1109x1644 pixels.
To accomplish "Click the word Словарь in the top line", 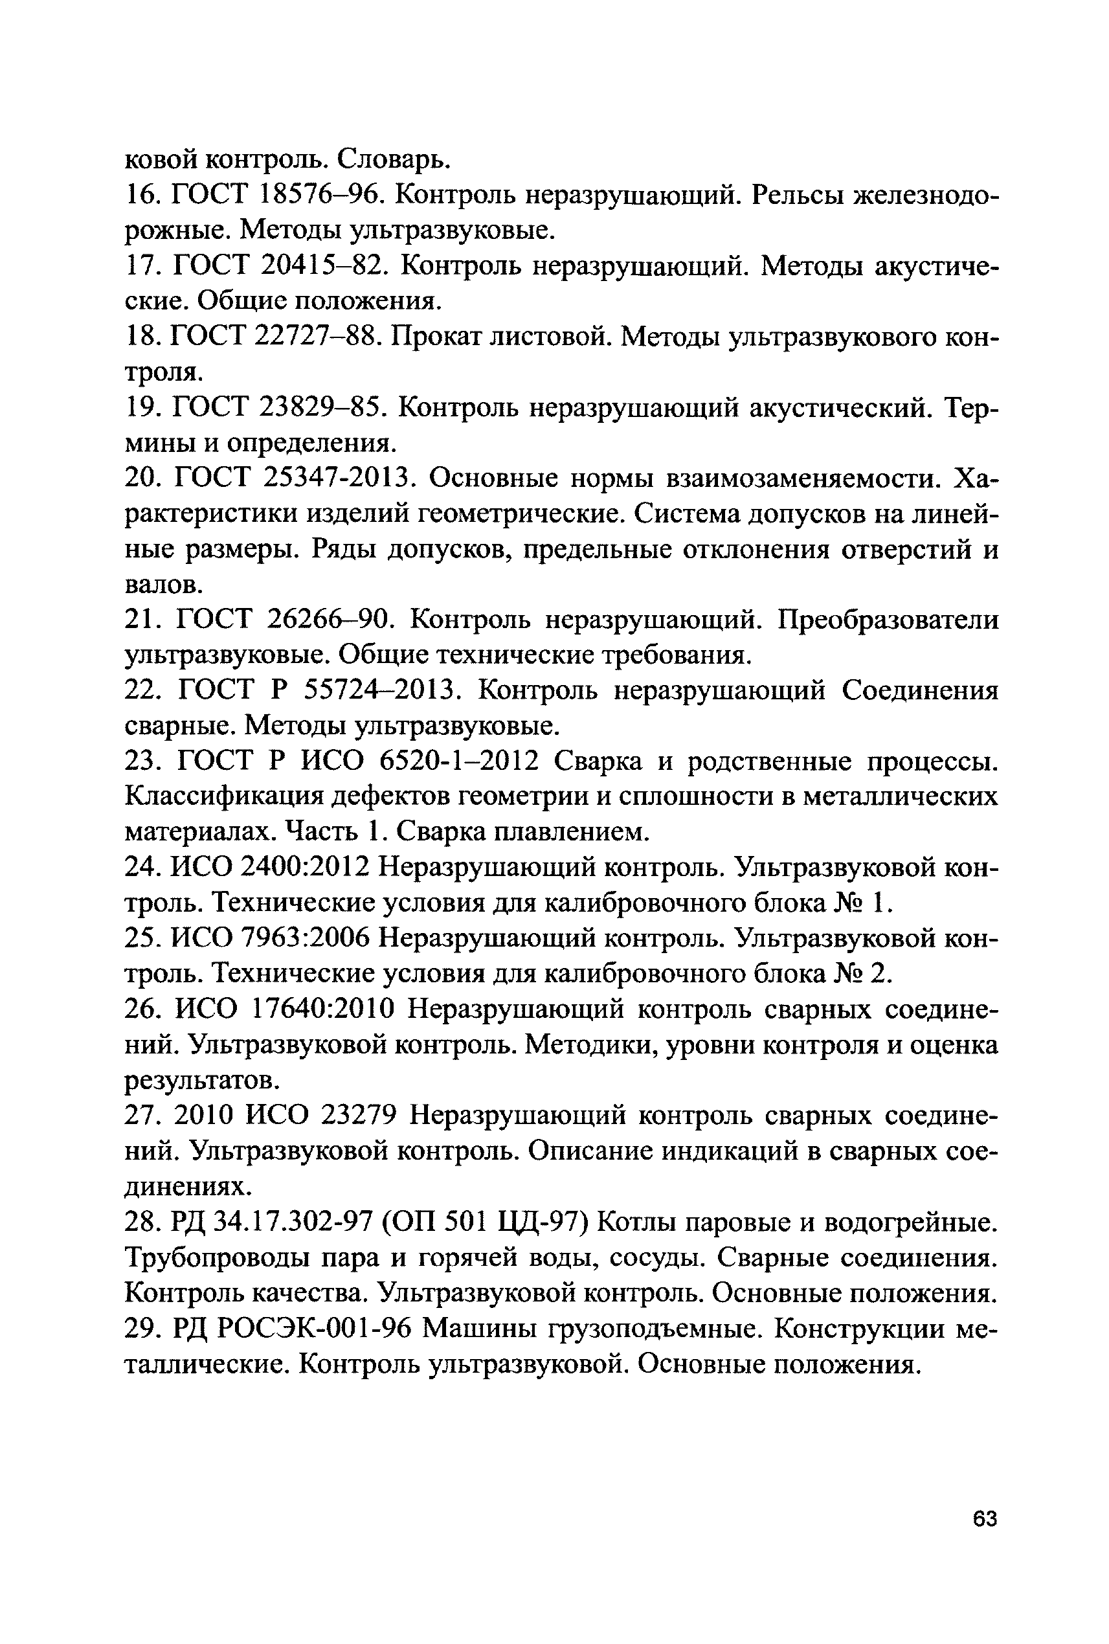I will point(392,160).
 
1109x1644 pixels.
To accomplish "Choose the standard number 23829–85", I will point(322,407).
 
